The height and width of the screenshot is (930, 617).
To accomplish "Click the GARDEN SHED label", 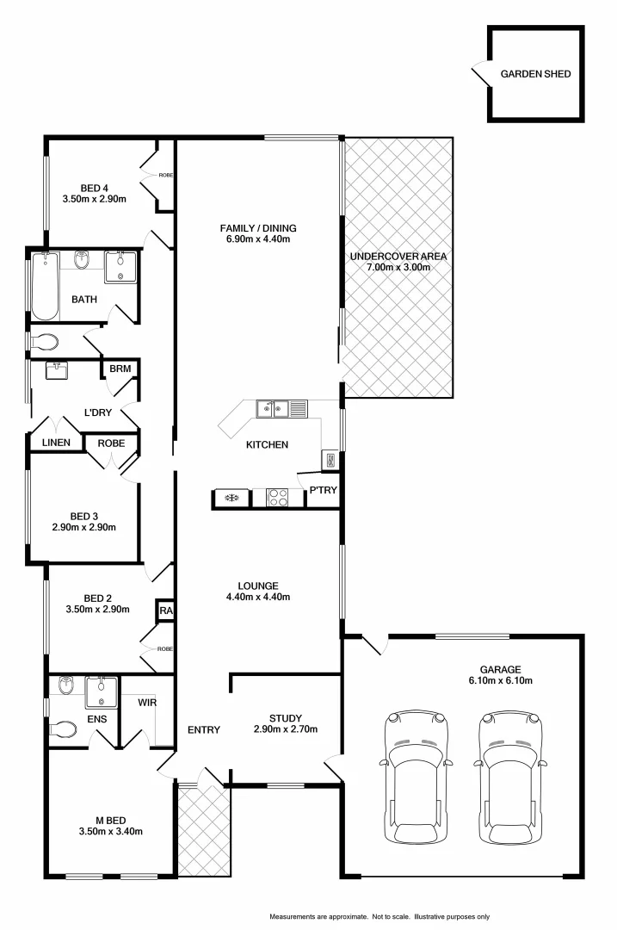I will (x=535, y=74).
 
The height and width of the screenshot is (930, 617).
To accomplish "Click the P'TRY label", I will (x=323, y=490).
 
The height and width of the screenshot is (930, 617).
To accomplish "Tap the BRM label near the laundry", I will (x=120, y=369).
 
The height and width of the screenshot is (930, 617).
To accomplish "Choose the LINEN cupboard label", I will (x=56, y=443).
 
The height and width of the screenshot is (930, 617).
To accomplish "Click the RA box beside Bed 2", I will (x=164, y=611).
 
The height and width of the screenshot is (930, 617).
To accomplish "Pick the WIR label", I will (x=147, y=702).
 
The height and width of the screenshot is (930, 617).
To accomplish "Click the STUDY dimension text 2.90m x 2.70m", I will (x=286, y=729).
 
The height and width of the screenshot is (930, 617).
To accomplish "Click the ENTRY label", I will (x=204, y=729).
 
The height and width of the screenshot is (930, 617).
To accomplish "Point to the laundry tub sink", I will (x=57, y=371).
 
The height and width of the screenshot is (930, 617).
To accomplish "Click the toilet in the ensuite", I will (x=65, y=730).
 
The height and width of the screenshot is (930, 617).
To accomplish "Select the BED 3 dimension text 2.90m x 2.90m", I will (x=83, y=528).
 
